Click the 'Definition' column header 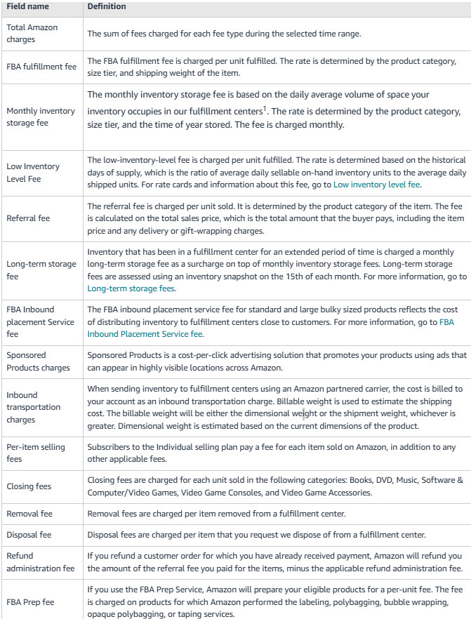[106, 6]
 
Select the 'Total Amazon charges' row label [32, 34]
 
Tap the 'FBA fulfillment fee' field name [42, 67]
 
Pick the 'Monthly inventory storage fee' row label [40, 117]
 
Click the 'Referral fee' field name [28, 218]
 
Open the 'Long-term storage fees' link [131, 288]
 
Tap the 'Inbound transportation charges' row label [34, 407]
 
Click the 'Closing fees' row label [29, 486]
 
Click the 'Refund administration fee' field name [40, 562]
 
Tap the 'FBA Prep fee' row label [30, 602]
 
